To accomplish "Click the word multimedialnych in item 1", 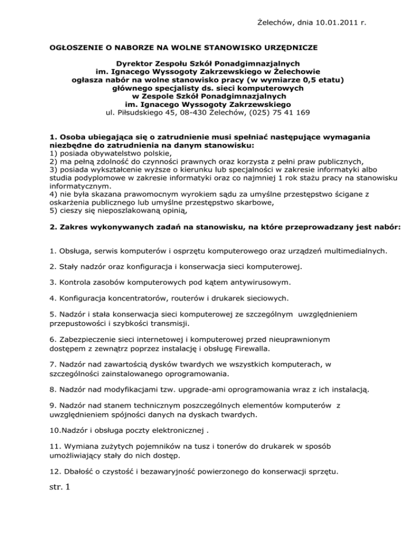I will [339, 252].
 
